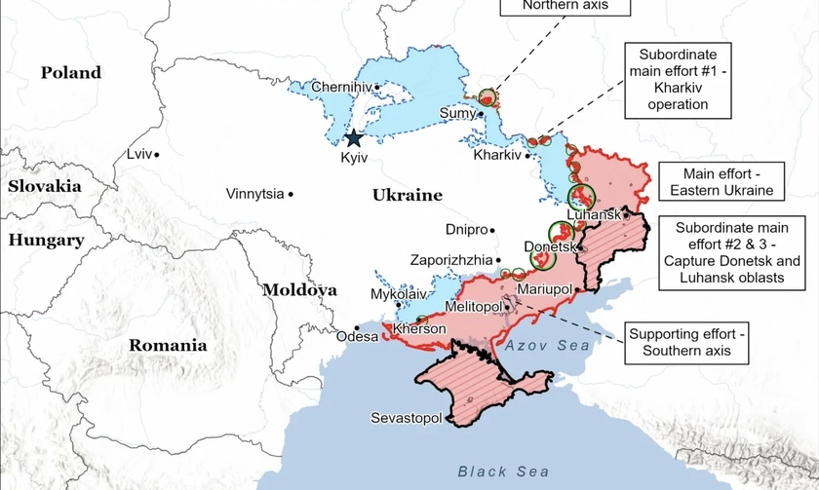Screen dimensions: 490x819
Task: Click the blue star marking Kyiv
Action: pyautogui.click(x=353, y=139)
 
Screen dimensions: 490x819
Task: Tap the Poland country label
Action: pyautogui.click(x=70, y=72)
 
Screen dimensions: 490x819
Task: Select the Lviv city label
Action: pyautogui.click(x=139, y=154)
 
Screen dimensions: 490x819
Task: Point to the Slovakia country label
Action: pyautogui.click(x=43, y=185)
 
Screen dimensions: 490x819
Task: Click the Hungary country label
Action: pyautogui.click(x=46, y=240)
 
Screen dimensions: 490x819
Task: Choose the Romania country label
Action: pyautogui.click(x=168, y=345)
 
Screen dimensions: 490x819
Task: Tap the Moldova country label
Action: pyautogui.click(x=299, y=289)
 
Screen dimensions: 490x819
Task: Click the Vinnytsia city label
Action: pyautogui.click(x=254, y=194)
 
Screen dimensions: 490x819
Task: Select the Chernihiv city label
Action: pyautogui.click(x=341, y=88)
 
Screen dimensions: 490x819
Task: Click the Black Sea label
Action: pyautogui.click(x=496, y=471)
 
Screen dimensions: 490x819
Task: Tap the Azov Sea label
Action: pyautogui.click(x=547, y=345)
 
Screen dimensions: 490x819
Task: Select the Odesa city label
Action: pyautogui.click(x=356, y=337)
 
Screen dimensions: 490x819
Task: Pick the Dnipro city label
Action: pyautogui.click(x=466, y=230)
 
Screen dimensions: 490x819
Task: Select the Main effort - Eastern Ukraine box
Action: pyautogui.click(x=721, y=181)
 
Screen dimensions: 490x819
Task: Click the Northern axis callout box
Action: pyautogui.click(x=565, y=6)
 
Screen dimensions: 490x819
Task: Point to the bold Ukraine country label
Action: pyautogui.click(x=407, y=195)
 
